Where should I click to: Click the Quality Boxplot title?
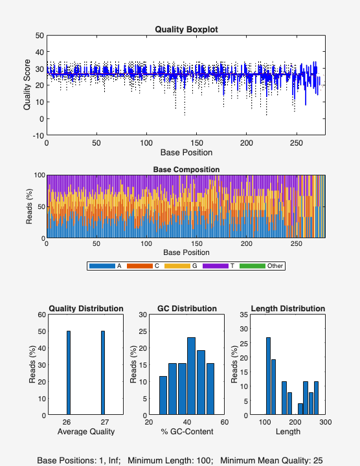click(186, 29)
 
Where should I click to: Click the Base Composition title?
click(186, 170)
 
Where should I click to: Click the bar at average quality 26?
click(68, 373)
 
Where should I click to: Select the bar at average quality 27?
click(102, 373)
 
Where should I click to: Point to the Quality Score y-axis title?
click(27, 85)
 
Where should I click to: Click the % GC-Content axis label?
click(186, 432)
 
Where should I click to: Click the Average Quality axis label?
click(85, 432)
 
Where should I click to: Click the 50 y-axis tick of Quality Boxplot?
click(39, 36)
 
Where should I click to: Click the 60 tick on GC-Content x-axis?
click(224, 422)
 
